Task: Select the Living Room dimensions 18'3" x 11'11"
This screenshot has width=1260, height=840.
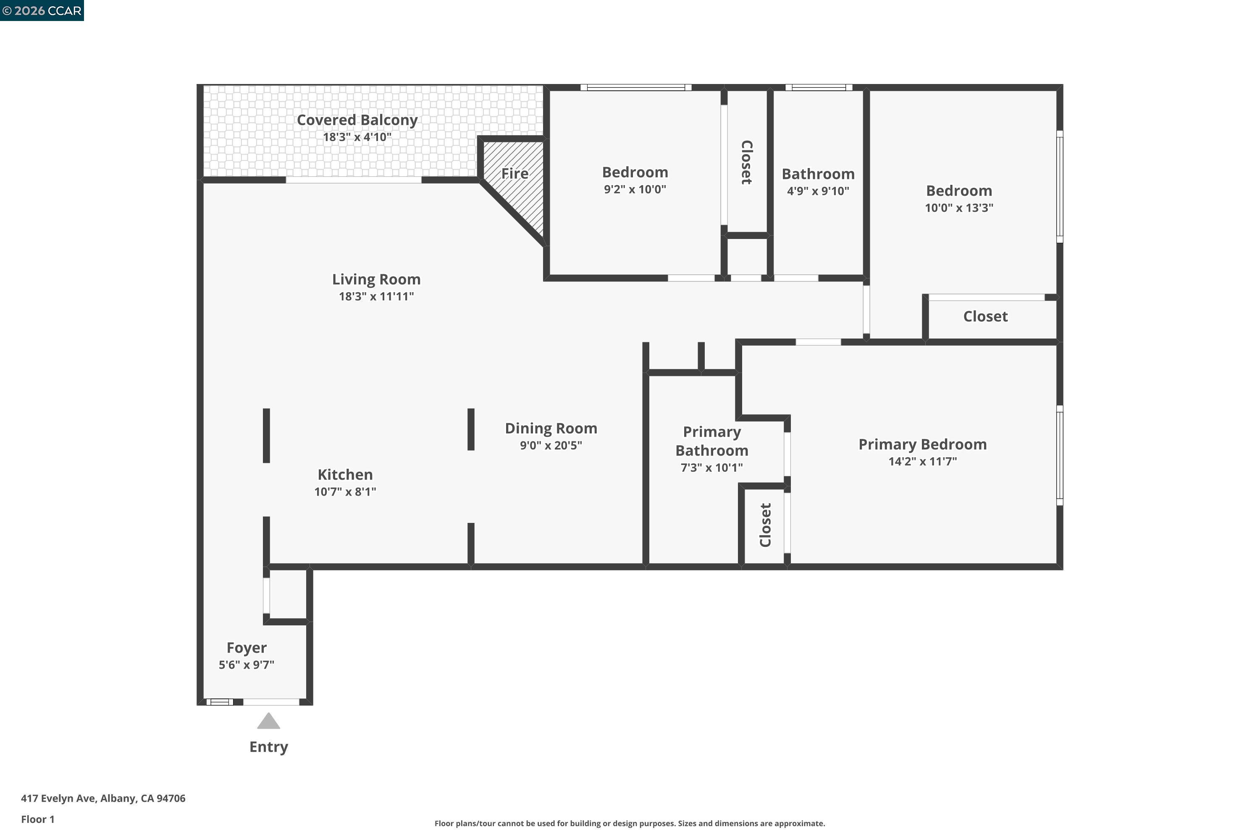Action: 376,296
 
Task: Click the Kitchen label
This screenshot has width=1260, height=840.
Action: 345,475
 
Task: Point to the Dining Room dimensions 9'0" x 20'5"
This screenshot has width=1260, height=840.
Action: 551,445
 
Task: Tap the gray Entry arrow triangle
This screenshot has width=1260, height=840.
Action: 268,722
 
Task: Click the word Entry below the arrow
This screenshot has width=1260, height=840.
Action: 268,747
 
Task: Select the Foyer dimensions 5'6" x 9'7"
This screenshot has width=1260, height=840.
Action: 247,665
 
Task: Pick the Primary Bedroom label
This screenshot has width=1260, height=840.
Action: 922,444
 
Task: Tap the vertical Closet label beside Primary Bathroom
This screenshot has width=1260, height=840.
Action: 765,525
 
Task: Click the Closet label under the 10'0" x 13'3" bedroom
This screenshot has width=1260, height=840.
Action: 985,317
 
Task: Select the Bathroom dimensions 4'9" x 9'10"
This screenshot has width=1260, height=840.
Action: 817,191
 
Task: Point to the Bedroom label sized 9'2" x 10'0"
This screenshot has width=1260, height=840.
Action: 635,173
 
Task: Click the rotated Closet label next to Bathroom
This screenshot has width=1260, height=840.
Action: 747,162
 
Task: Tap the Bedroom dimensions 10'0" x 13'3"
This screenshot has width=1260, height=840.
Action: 958,208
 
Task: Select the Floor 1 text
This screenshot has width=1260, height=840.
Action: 37,819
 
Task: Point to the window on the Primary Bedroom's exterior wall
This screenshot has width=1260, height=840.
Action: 1059,455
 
